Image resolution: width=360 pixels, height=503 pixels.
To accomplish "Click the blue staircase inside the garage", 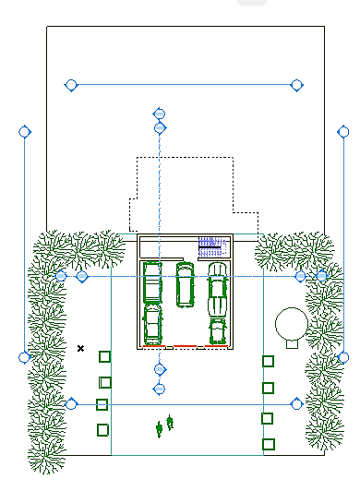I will click(x=213, y=246).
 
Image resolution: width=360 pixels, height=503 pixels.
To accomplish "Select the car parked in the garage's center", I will click(x=186, y=284).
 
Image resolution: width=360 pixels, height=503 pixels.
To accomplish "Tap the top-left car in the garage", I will click(x=152, y=282).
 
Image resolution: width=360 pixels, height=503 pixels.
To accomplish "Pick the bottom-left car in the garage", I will click(x=152, y=324).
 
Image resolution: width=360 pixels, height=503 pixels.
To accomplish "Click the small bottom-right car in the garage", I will click(x=218, y=330).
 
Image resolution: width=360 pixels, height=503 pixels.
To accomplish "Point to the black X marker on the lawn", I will click(x=81, y=348).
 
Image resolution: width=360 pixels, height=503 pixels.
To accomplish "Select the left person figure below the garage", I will click(x=160, y=427).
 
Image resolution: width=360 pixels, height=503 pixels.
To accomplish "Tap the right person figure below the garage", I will click(x=170, y=422).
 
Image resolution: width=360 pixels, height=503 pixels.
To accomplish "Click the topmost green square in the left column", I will click(x=104, y=356).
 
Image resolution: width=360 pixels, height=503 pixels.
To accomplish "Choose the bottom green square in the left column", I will click(x=102, y=429).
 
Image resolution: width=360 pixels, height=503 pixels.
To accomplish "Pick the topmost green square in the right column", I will click(x=268, y=361).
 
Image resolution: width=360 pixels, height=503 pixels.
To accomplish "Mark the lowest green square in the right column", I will click(x=268, y=444).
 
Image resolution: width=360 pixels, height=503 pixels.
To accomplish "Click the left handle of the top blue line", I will click(x=71, y=85).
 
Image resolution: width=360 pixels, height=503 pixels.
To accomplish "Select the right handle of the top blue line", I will click(x=296, y=85).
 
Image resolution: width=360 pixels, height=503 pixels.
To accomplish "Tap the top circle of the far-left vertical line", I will click(x=25, y=132).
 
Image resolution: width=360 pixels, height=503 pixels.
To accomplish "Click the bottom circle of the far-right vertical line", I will click(x=343, y=357).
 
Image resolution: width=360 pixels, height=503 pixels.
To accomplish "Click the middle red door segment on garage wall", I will click(x=185, y=347).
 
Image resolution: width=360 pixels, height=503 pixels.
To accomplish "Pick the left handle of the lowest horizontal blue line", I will click(x=71, y=403).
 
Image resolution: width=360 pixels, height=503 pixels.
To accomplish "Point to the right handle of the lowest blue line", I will click(x=296, y=403).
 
